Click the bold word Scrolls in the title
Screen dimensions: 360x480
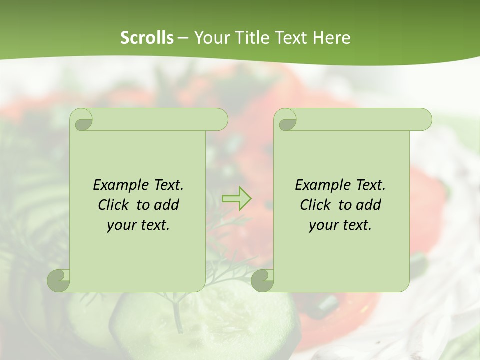coord(147,38)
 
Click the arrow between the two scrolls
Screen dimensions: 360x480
coord(236,199)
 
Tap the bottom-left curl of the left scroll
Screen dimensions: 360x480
coord(59,281)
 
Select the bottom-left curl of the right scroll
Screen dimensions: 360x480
coord(262,281)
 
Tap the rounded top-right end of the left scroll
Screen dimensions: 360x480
coord(220,120)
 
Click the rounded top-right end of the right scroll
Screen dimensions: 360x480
coord(424,120)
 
